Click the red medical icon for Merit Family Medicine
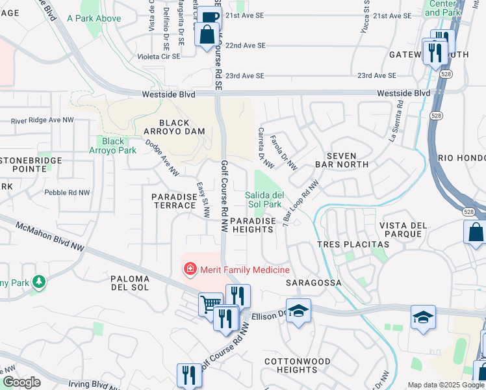(x=190, y=268)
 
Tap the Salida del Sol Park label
(x=264, y=200)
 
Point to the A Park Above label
(x=94, y=18)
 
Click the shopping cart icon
(x=210, y=303)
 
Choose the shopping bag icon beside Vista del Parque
(x=475, y=231)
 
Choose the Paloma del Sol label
(x=130, y=283)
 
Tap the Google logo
(x=22, y=382)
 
